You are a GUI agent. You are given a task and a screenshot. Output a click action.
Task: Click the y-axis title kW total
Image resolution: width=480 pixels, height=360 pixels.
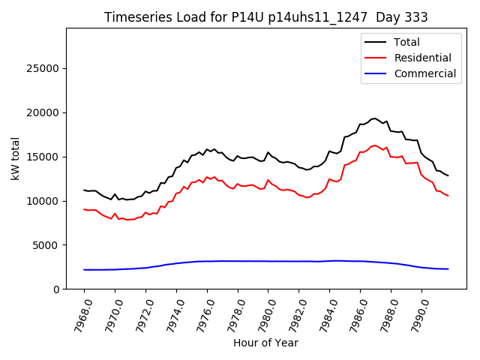(16, 159)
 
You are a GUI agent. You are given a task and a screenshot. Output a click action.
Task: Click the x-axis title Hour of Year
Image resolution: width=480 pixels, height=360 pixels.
(265, 343)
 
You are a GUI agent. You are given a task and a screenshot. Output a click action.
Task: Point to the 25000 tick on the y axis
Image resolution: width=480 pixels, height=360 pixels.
(43, 69)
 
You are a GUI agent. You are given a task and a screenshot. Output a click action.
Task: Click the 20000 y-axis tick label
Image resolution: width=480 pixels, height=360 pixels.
(43, 112)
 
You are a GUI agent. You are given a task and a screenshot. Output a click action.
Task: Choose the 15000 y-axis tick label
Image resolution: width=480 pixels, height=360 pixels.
(43, 157)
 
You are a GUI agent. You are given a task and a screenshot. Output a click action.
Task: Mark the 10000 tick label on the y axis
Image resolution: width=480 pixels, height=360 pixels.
(43, 201)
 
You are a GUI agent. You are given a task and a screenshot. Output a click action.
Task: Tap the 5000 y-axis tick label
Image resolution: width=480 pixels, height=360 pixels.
(46, 245)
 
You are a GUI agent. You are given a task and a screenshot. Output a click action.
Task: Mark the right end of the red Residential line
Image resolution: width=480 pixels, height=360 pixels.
(448, 196)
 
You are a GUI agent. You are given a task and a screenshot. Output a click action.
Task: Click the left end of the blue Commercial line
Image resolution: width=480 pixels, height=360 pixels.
(84, 269)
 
